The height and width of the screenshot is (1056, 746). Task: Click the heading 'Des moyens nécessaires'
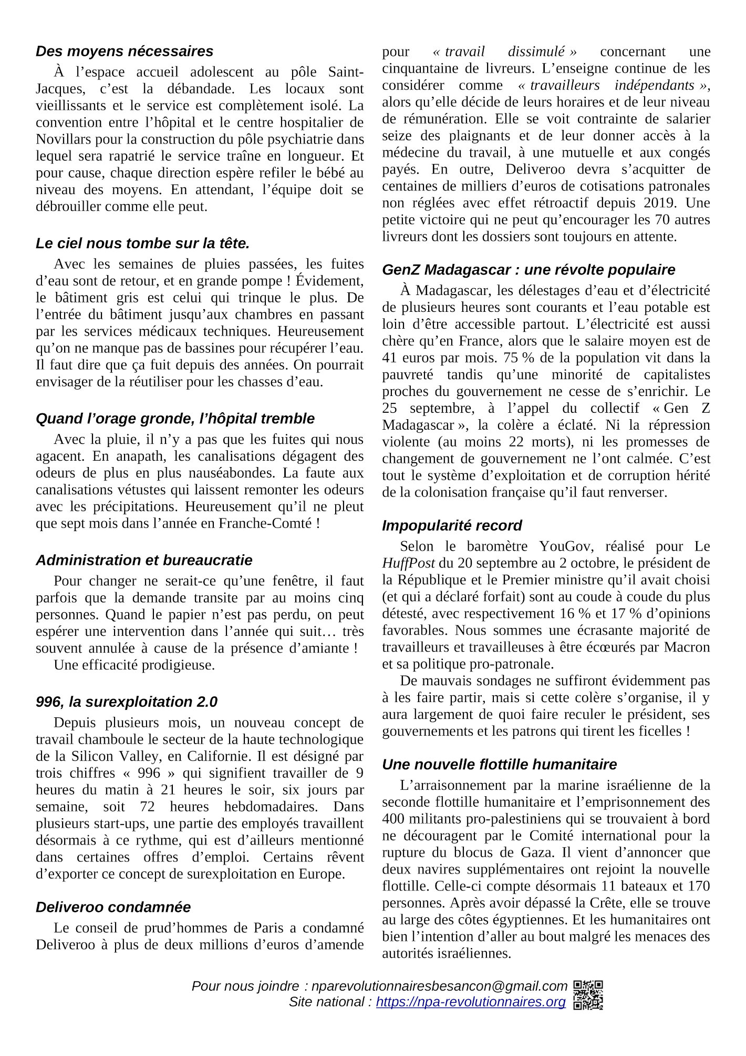coord(125,51)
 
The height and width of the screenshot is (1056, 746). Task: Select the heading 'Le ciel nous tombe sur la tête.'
coord(142,243)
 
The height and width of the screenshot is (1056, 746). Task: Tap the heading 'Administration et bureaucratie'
coord(144,560)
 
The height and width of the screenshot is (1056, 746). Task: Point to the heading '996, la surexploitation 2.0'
coord(126,702)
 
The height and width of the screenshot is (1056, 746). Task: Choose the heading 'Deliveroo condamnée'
coord(113,907)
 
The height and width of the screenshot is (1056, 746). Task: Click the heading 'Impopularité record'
coord(452,525)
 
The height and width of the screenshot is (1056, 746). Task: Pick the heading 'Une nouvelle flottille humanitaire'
coord(499,764)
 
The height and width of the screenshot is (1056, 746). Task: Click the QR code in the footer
coord(588,994)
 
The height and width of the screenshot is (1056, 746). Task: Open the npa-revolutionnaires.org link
coord(471,1002)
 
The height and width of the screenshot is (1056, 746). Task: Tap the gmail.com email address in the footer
coord(439,986)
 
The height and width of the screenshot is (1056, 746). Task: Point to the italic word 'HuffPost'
coord(408,563)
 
